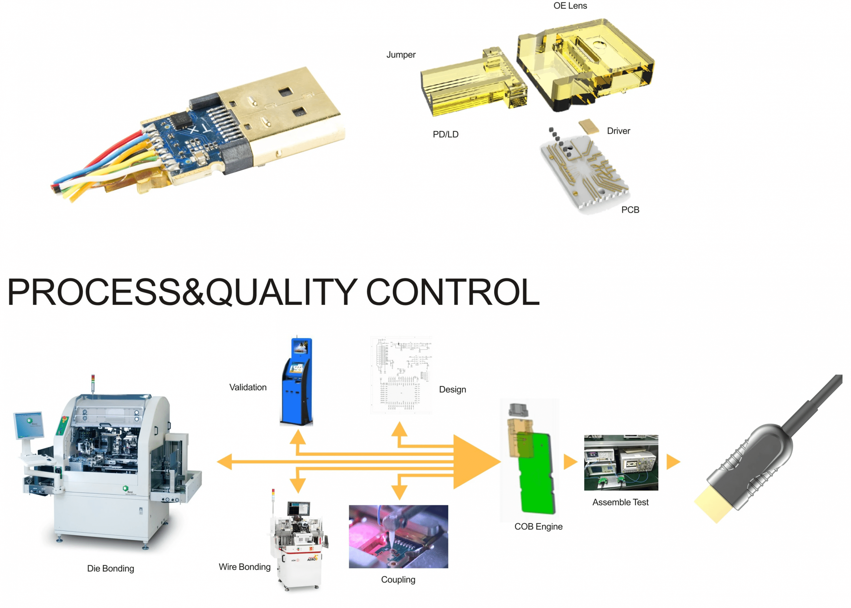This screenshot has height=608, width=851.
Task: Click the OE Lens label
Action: coord(570,6)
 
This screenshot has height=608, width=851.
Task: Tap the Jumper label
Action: coord(401,55)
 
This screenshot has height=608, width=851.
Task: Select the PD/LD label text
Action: coord(445,134)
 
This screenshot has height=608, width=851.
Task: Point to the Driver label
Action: coord(619,131)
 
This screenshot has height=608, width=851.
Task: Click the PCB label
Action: coord(630,210)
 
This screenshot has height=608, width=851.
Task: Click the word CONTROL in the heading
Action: coord(453,292)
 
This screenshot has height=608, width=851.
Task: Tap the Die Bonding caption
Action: coord(110,568)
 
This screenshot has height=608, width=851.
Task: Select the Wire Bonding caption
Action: coord(244,567)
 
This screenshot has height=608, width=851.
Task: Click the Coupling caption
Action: coord(398,579)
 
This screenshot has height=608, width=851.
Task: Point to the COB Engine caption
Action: coord(539,526)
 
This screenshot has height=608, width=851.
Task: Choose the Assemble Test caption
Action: coord(620,502)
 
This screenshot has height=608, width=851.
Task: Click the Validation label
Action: coord(248,387)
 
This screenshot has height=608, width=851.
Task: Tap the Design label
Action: coord(452,389)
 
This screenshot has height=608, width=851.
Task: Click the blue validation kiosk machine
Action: coord(297,382)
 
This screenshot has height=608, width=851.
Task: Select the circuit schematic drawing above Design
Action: coord(401,375)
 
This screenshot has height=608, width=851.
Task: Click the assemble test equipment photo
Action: coord(621,463)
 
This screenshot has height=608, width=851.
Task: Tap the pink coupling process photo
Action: coord(398,537)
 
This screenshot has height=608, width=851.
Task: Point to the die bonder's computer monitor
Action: coord(29,425)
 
